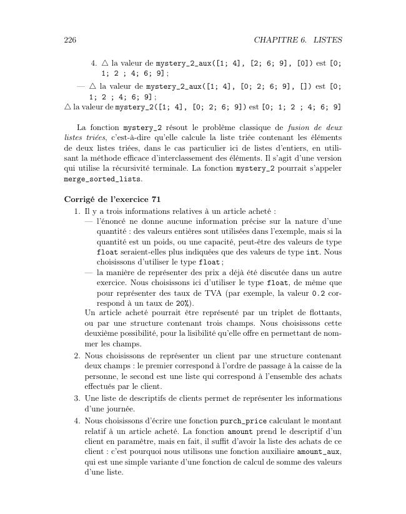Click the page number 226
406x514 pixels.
pyautogui.click(x=70, y=41)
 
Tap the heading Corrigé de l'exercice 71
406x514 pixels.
pyautogui.click(x=108, y=199)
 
